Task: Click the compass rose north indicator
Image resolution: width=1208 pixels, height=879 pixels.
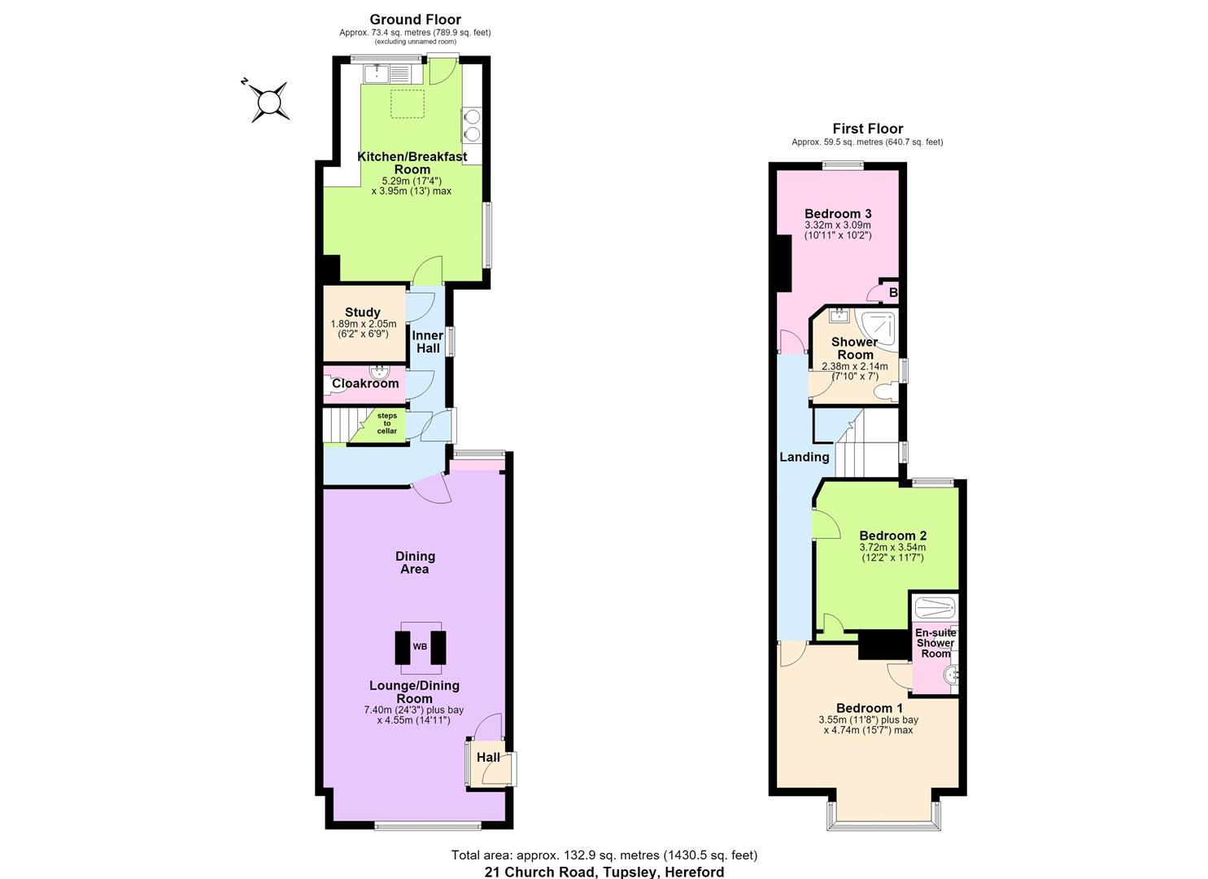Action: coord(244,82)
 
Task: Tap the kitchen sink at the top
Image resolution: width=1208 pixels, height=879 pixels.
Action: coord(393,73)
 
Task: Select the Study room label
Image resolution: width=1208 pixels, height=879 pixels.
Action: coord(363,312)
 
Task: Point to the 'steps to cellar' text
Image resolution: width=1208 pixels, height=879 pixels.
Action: coord(387,423)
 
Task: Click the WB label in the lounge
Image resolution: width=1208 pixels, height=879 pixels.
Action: coord(420,646)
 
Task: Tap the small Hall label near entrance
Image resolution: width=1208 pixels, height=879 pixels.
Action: coord(488,757)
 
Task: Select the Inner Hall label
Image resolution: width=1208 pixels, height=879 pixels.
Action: coord(428,342)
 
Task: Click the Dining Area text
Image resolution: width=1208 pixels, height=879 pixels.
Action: coord(415,562)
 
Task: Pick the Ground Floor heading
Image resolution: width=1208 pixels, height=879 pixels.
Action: coord(415,20)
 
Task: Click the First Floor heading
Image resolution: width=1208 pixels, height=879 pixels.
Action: coord(868,129)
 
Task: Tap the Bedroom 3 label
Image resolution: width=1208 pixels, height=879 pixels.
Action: coord(838,214)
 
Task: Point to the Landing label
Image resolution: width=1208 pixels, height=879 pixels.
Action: coord(805,457)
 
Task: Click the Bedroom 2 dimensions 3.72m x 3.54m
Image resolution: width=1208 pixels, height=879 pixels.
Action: coord(892,547)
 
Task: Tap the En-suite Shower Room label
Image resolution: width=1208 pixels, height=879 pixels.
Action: coord(935,643)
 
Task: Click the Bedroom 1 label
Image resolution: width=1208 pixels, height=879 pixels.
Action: coord(870,707)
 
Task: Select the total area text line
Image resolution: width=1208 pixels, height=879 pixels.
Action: coord(604,855)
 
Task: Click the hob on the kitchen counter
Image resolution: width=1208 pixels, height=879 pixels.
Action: coord(471,125)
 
